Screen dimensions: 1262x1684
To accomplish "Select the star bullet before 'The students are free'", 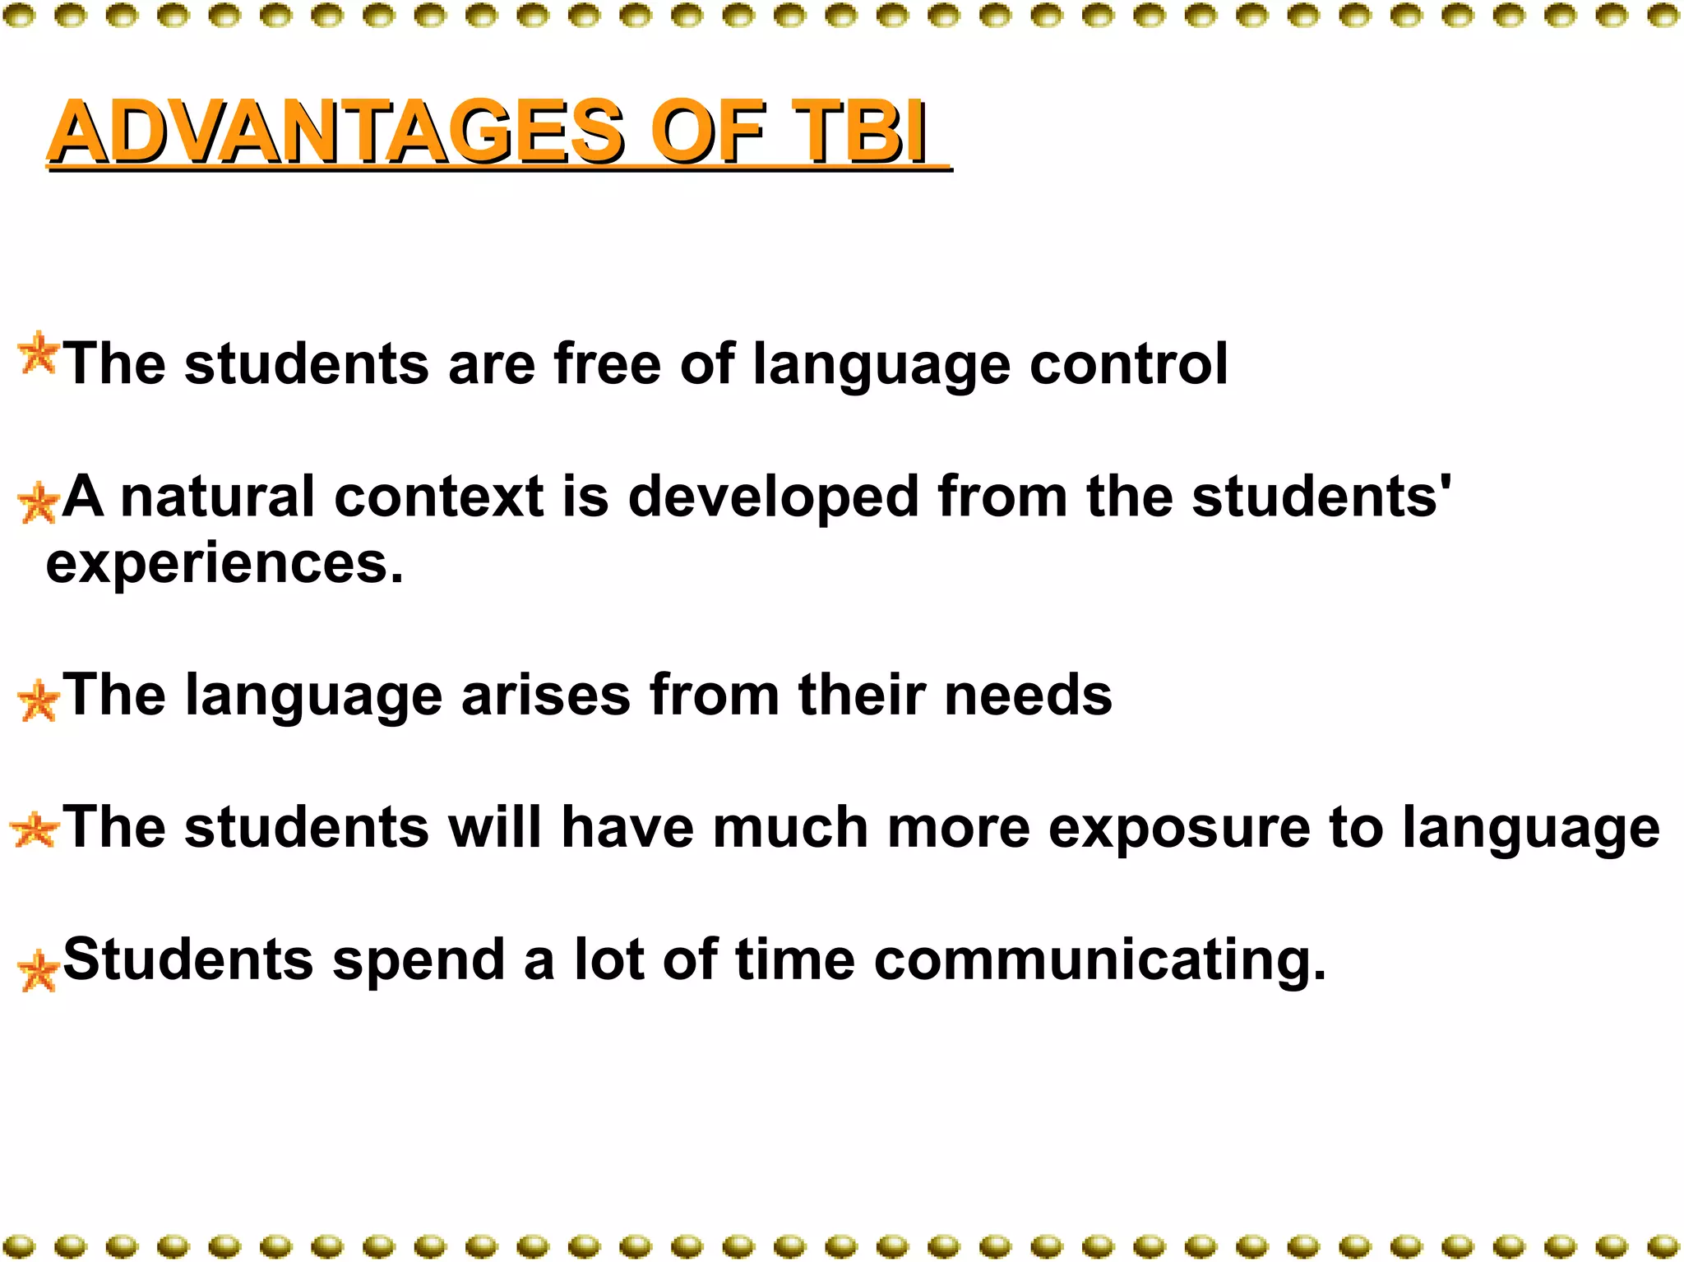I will tap(38, 354).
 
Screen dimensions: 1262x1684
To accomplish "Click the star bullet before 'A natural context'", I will tap(38, 502).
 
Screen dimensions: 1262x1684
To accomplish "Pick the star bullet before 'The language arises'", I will tap(38, 701).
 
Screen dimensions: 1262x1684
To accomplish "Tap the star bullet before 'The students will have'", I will tap(35, 830).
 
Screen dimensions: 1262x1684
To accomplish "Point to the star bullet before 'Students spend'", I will tap(38, 971).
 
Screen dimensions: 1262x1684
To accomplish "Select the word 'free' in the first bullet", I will tap(607, 363).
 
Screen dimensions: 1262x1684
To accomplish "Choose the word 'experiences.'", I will tap(224, 566).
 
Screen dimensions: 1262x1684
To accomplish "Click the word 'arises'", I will tap(546, 696).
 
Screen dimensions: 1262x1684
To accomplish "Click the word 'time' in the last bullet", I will tap(795, 959).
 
